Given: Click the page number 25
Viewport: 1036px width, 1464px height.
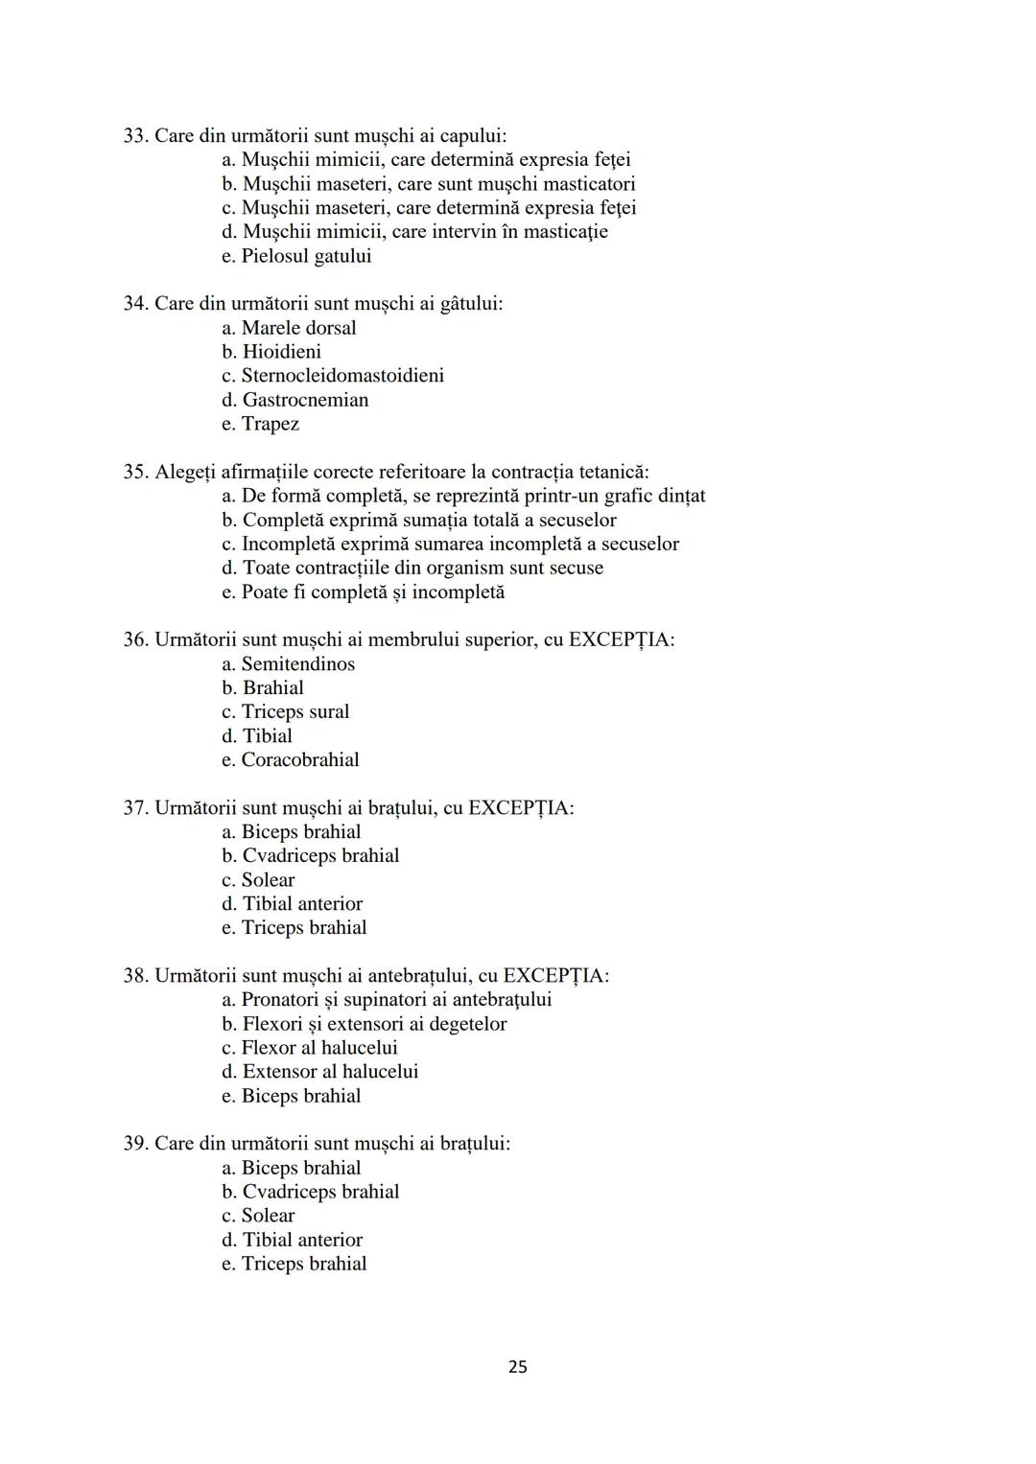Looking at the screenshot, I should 517,1366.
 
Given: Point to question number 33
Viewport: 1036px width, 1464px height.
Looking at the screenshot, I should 135,136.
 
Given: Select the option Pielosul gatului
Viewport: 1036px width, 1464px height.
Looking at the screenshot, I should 305,256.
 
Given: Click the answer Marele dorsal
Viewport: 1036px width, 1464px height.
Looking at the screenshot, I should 297,328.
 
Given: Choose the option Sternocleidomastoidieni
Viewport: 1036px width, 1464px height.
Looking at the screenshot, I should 341,376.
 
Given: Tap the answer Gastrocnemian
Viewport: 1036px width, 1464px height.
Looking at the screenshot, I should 304,400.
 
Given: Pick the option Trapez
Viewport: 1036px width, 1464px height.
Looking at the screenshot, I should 270,424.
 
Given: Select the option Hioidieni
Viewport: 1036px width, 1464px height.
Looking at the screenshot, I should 281,352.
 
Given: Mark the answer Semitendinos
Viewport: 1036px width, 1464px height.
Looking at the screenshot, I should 297,664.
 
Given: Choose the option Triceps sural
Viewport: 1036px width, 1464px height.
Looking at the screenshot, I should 294,712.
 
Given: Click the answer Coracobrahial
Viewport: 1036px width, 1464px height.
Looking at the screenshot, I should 299,760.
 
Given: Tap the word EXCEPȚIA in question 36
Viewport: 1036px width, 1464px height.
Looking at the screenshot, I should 621,639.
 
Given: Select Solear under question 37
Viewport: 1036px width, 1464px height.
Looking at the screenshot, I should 268,880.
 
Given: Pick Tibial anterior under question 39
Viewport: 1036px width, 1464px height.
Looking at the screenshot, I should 302,1240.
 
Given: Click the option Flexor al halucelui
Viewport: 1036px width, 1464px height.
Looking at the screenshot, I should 318,1048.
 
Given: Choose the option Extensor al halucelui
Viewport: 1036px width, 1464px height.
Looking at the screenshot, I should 330,1072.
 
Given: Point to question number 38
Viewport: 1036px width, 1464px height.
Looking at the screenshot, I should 135,976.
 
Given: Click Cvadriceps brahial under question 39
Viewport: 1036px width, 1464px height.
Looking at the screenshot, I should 320,1192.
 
